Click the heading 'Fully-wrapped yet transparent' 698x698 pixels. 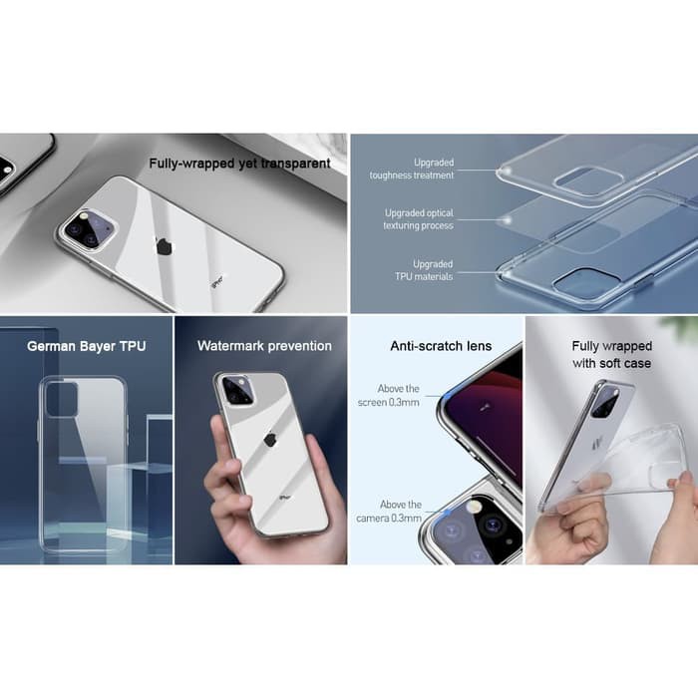coord(239,163)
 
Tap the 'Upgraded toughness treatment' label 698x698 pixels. coord(426,169)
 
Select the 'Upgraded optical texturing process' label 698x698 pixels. coord(419,219)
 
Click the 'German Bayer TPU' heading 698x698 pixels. coord(86,346)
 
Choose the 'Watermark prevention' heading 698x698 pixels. coord(264,346)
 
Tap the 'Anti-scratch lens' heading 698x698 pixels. coord(440,346)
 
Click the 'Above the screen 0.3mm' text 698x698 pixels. coord(398,395)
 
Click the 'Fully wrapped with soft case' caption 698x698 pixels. coord(611,354)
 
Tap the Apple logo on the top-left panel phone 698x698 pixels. coord(164,246)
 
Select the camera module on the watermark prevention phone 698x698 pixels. coord(236,390)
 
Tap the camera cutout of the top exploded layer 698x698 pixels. coord(589,180)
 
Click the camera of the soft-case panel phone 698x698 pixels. coord(605,401)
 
